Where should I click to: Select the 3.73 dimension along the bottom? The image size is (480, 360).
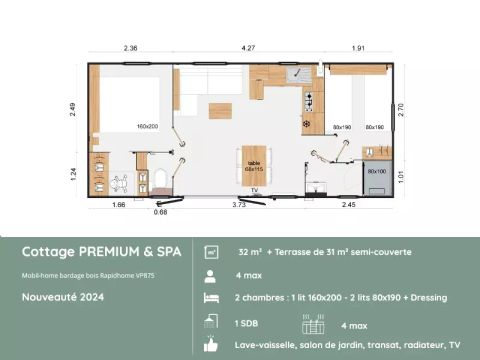click(239, 204)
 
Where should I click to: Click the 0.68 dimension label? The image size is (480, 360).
click(160, 212)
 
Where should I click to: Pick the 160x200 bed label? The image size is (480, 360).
click(149, 127)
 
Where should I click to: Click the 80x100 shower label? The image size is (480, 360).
click(376, 171)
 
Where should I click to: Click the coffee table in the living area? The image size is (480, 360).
click(219, 109)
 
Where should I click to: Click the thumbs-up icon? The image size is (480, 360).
click(211, 345)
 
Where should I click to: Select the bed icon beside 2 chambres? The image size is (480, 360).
click(211, 298)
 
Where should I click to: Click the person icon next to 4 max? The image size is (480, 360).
click(211, 274)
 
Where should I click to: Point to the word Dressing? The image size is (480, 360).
click(427, 298)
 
